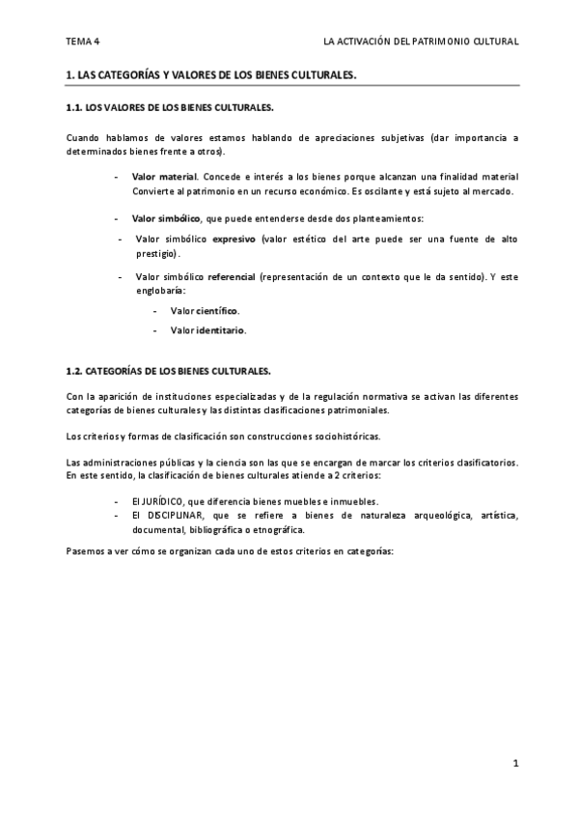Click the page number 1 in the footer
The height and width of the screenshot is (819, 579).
click(x=516, y=764)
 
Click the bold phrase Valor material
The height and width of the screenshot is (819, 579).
click(x=164, y=177)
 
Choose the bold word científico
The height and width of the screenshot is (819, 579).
click(x=217, y=311)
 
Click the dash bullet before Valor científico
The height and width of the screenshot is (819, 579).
click(x=155, y=311)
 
